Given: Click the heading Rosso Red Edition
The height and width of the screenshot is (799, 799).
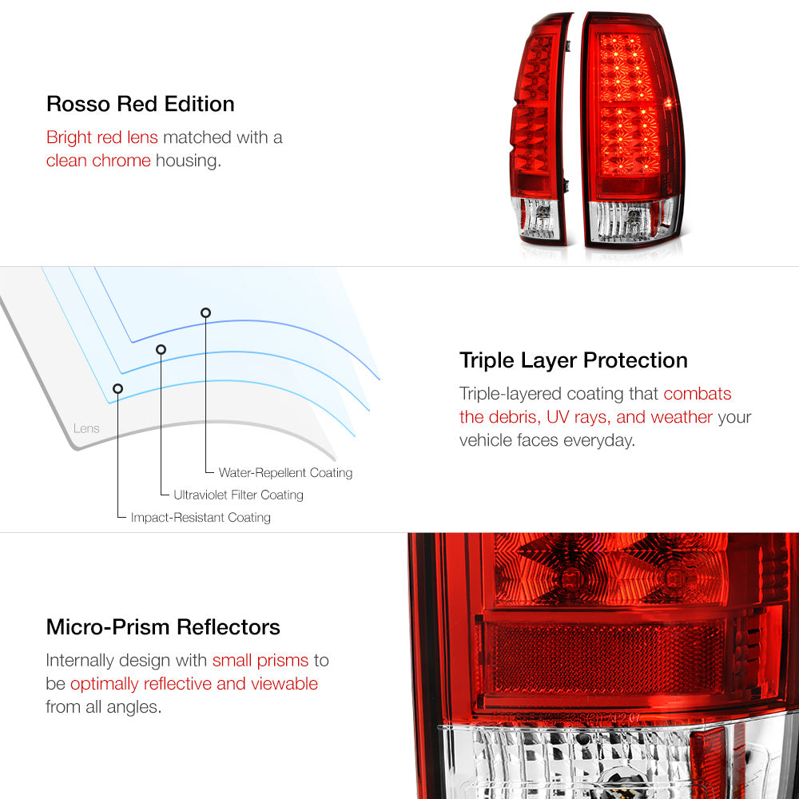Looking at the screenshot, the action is (x=140, y=104).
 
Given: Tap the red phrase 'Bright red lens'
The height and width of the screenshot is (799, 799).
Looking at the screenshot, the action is (x=102, y=137).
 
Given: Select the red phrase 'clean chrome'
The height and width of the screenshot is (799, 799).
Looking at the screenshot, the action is (x=98, y=161).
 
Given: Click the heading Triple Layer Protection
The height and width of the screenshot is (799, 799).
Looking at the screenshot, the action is (x=573, y=360).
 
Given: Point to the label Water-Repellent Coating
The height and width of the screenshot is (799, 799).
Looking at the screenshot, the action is (x=285, y=473).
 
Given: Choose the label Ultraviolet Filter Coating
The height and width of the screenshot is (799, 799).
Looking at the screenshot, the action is (x=238, y=495).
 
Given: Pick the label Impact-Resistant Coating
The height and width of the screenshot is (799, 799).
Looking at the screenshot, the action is (x=201, y=517).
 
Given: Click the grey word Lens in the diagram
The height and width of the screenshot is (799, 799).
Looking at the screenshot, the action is (x=86, y=428).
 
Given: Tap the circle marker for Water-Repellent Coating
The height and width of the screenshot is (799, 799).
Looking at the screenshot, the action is (x=205, y=313).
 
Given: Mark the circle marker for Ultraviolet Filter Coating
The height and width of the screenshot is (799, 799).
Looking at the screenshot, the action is (x=161, y=350).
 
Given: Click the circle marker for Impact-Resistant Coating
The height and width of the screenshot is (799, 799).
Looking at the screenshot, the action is (x=117, y=389).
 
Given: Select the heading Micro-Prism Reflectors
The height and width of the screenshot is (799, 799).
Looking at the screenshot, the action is (x=163, y=627).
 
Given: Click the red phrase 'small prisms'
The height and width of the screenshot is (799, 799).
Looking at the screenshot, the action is (x=260, y=661).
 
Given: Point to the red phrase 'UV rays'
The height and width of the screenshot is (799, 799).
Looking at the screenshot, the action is (x=578, y=417).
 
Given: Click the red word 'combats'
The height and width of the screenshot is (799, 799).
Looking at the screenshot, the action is (x=697, y=393).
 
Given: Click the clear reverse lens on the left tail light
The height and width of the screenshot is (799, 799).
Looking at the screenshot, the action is (x=537, y=219).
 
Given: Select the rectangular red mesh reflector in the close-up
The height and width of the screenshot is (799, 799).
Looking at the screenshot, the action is (x=605, y=658).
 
